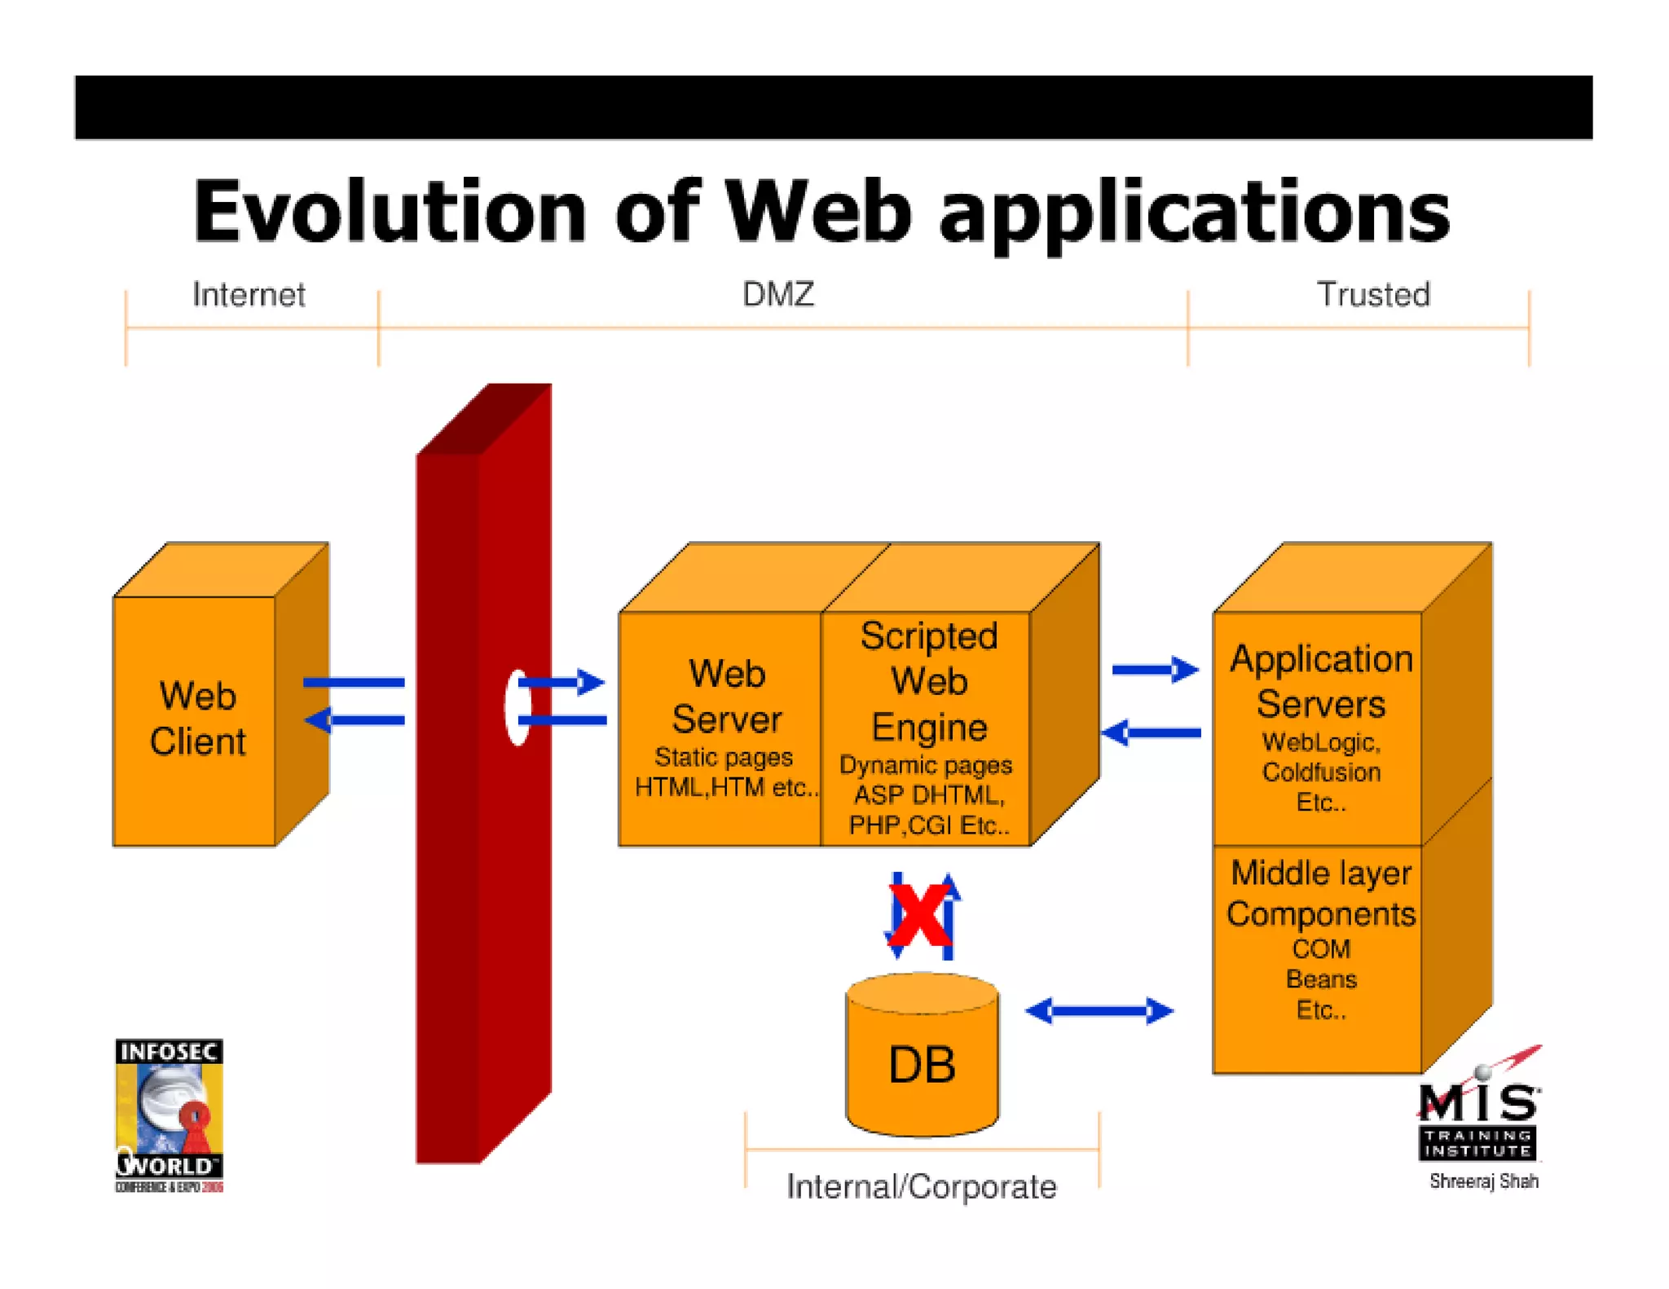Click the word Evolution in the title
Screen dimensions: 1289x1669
pos(390,212)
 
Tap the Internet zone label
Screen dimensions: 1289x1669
pos(249,294)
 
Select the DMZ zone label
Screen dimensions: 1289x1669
pos(777,294)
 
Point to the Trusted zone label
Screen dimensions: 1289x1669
pos(1373,294)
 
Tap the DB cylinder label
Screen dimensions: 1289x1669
pos(922,1064)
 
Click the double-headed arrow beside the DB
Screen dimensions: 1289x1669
pos(1099,1011)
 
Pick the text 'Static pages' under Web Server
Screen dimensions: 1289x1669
pos(723,757)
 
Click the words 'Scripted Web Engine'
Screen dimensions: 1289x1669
pos(928,681)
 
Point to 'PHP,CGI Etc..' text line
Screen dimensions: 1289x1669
pos(928,825)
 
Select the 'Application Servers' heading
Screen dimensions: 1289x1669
pos(1320,681)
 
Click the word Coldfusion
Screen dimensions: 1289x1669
pos(1320,772)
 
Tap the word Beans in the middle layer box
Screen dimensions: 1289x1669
pos(1320,979)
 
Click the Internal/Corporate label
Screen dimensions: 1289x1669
pos(921,1186)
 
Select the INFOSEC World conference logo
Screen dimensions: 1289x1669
pos(170,1115)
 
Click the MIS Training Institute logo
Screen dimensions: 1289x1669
pos(1478,1112)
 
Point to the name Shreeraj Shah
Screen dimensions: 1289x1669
pos(1483,1181)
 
